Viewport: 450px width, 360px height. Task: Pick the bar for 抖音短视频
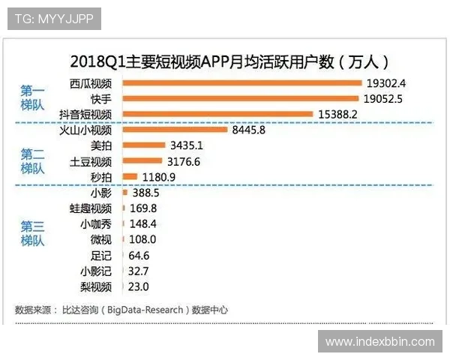[x=217, y=114]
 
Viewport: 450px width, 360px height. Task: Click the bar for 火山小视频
[x=174, y=130]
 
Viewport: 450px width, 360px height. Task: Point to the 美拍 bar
[x=142, y=145]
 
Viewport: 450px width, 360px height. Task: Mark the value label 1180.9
[x=157, y=177]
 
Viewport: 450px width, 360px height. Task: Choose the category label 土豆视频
[x=91, y=161]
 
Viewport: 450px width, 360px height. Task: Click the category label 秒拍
[x=100, y=177]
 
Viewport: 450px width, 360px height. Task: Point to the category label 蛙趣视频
[x=91, y=208]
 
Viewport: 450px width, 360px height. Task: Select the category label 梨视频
[x=96, y=287]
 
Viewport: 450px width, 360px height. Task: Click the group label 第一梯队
[x=32, y=98]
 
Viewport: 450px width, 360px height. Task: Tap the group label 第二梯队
[x=32, y=161]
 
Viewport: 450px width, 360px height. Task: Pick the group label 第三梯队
[x=32, y=232]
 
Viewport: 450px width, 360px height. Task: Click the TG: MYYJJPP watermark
[x=54, y=18]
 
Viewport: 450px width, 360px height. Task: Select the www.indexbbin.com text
[x=380, y=342]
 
